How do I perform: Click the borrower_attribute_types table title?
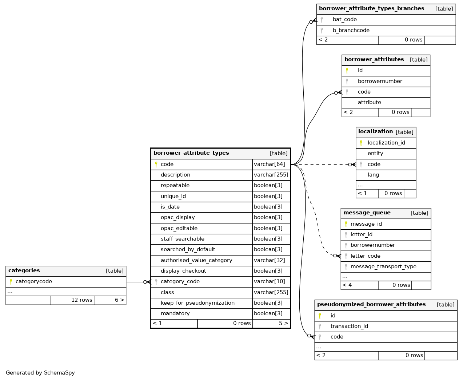[191, 153]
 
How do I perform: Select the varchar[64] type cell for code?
[270, 164]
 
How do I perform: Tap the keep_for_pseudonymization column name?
[197, 303]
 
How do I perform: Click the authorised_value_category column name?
[196, 260]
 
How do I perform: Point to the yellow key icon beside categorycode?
[11, 282]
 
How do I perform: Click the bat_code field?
[344, 20]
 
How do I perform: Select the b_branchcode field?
[351, 30]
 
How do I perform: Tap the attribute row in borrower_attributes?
[369, 103]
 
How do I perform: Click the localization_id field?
[386, 143]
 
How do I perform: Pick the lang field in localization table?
[373, 175]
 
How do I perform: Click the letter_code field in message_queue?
[365, 256]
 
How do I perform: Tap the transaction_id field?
[349, 326]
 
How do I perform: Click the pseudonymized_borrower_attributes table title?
[371, 305]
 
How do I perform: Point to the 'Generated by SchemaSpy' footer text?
[40, 373]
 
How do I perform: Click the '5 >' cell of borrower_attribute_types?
[283, 323]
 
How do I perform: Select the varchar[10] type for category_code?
[270, 281]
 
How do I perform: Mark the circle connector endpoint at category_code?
[145, 282]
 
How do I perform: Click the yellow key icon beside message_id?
[346, 224]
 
